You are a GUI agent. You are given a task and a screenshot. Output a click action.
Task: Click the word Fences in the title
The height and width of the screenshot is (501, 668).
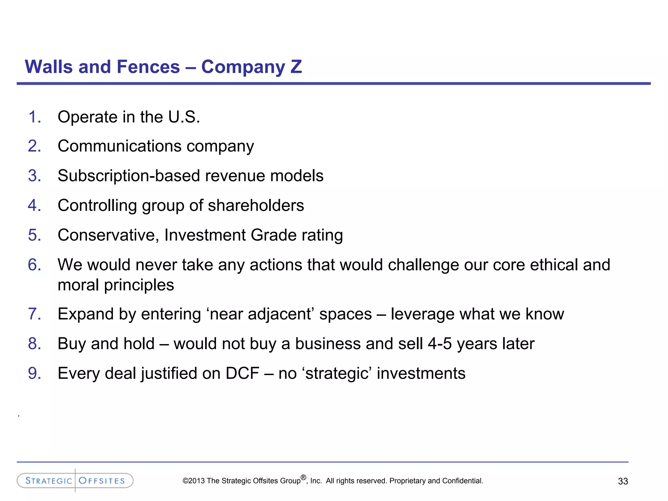[x=148, y=67]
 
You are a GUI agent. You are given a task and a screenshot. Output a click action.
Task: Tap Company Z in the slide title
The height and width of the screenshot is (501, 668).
[x=251, y=67]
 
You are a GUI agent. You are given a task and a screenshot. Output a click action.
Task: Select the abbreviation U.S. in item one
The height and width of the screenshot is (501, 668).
[x=184, y=117]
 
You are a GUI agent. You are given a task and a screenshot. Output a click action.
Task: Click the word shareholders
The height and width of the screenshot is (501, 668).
[x=256, y=205]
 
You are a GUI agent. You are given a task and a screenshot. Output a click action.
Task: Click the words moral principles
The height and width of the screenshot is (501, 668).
[x=116, y=285]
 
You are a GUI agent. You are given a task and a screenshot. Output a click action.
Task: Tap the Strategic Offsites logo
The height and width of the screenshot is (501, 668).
[x=75, y=480]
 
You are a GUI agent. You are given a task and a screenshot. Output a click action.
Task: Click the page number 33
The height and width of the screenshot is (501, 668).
[x=623, y=481]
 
